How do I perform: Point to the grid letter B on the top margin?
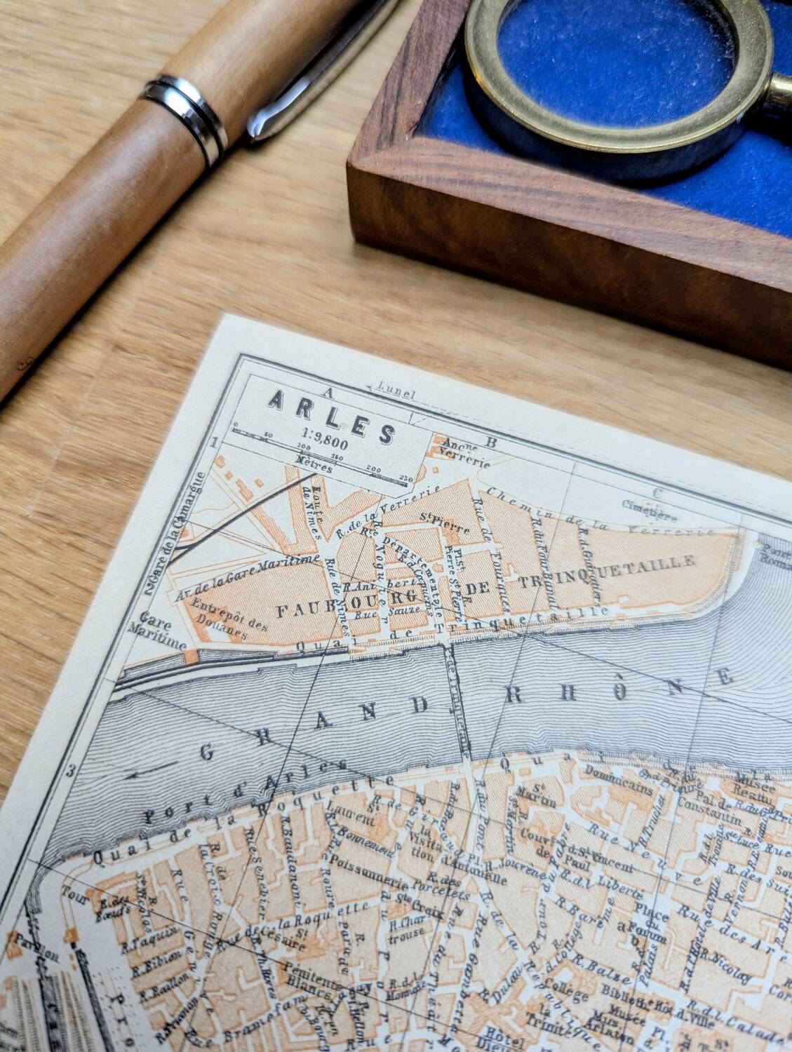coord(492,443)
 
